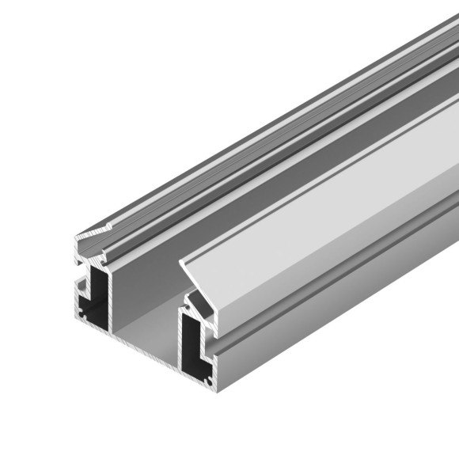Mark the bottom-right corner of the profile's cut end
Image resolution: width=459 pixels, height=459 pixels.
pyautogui.click(x=214, y=391)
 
